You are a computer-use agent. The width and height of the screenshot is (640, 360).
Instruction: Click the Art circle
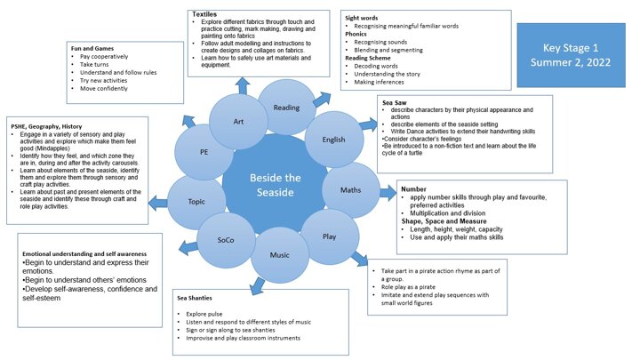(238, 122)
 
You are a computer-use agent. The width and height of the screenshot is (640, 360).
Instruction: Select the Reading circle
(284, 108)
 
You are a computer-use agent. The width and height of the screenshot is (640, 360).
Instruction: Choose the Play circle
(329, 237)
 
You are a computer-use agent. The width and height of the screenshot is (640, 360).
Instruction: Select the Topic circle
(196, 201)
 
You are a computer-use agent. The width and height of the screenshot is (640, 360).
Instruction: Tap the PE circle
(204, 152)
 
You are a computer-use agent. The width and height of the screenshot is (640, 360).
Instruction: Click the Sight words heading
(364, 18)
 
